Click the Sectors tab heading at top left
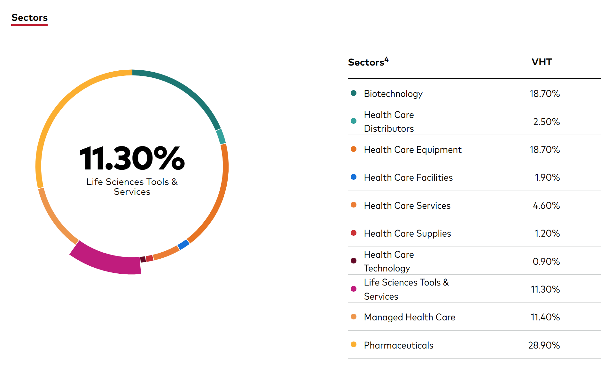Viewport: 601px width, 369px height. pos(29,18)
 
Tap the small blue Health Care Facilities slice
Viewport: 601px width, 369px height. pos(183,245)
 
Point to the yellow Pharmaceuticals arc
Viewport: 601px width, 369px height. pos(61,106)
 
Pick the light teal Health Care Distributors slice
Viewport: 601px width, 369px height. pos(221,137)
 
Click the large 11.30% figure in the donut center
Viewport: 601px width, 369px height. pos(132,158)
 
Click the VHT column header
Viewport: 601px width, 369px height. pos(542,62)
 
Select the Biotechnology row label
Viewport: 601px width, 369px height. pos(393,94)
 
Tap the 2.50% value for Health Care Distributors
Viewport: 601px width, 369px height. pos(546,122)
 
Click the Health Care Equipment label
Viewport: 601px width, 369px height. pos(413,150)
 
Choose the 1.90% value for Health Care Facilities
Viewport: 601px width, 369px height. pos(547,177)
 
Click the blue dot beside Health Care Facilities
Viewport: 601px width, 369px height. pos(354,177)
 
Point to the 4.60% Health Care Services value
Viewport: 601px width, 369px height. pos(546,206)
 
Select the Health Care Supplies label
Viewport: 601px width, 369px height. pos(407,233)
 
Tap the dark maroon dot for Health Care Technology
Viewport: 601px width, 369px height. pos(354,261)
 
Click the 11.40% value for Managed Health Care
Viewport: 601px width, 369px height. pos(545,317)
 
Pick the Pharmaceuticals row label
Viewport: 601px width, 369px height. pos(399,345)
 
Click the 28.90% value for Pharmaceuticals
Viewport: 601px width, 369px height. pos(544,345)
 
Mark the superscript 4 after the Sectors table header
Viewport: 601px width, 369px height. pos(386,59)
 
